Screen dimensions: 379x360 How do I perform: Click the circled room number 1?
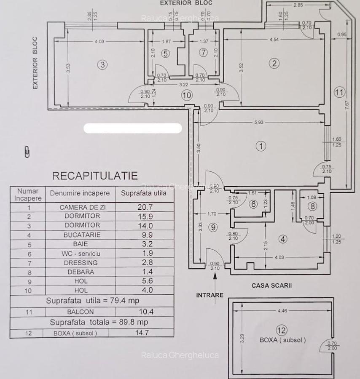pyautogui.click(x=261, y=146)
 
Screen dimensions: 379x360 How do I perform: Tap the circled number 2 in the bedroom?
pyautogui.click(x=274, y=64)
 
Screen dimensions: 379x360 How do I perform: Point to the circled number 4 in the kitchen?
pyautogui.click(x=283, y=239)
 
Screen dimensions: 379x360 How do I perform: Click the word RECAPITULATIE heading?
pyautogui.click(x=95, y=176)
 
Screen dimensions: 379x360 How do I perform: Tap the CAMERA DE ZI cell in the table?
pyautogui.click(x=80, y=207)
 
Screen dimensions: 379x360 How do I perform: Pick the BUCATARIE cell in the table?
pyautogui.click(x=80, y=235)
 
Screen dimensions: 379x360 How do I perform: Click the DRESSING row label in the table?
pyautogui.click(x=80, y=262)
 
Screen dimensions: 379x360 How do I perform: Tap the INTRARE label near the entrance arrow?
pyautogui.click(x=210, y=295)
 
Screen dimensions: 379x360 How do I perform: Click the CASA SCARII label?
pyautogui.click(x=272, y=286)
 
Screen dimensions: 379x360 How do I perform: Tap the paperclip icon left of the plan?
pyautogui.click(x=27, y=152)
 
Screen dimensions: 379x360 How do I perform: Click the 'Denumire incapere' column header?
pyautogui.click(x=80, y=193)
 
